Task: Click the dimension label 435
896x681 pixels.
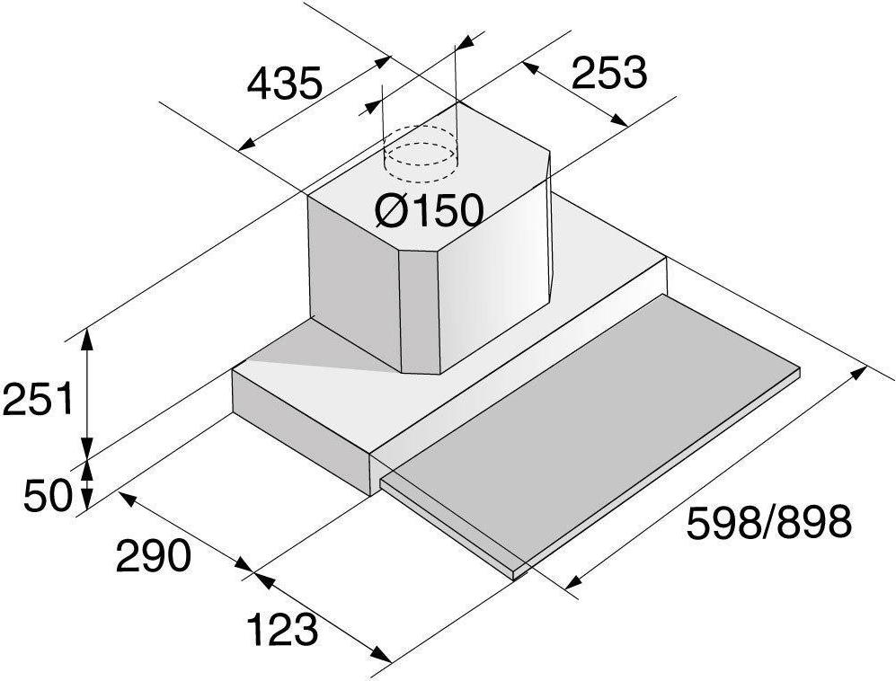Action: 285,84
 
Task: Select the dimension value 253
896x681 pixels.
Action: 609,73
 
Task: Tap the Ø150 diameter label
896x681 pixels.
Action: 429,209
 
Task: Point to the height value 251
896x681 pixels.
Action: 39,399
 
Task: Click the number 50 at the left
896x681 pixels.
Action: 48,495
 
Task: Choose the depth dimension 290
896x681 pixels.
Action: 152,555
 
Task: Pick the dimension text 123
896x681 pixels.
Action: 282,630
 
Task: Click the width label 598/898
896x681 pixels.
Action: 768,522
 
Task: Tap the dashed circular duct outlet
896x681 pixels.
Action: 421,153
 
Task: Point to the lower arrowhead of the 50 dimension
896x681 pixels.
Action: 86,500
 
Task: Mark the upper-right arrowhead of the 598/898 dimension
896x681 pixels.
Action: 857,372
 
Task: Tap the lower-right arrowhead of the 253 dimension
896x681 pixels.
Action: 618,120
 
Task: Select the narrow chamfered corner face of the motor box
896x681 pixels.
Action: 419,312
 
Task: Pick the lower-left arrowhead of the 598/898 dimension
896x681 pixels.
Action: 573,581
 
